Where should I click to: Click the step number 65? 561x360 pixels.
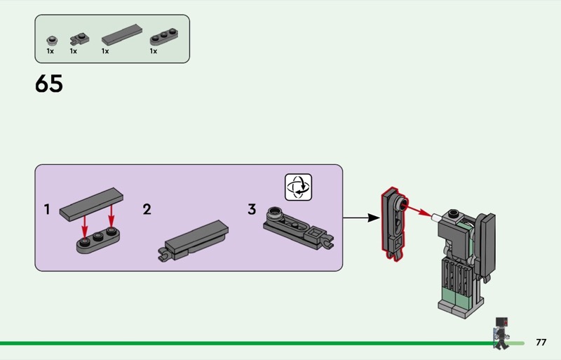point(49,84)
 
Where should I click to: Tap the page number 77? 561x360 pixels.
point(541,342)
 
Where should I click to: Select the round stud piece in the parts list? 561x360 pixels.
point(52,41)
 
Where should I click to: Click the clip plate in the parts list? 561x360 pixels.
point(79,39)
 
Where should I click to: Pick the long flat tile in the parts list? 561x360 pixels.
point(121,34)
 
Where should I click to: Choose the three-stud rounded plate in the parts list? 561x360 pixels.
point(164,37)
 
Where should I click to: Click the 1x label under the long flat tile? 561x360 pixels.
point(105,51)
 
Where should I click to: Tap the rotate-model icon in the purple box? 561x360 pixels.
point(299,187)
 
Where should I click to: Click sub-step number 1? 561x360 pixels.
point(47,209)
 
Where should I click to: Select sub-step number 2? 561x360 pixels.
point(147,209)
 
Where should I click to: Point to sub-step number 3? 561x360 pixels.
point(252,209)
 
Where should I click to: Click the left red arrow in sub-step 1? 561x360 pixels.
point(84,227)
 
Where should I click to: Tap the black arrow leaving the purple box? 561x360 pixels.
point(361,218)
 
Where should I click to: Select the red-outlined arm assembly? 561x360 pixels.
point(394,223)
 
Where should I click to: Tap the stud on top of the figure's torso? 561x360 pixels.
point(454,213)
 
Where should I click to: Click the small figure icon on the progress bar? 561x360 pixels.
point(501,333)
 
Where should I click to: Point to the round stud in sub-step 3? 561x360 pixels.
point(274,213)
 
